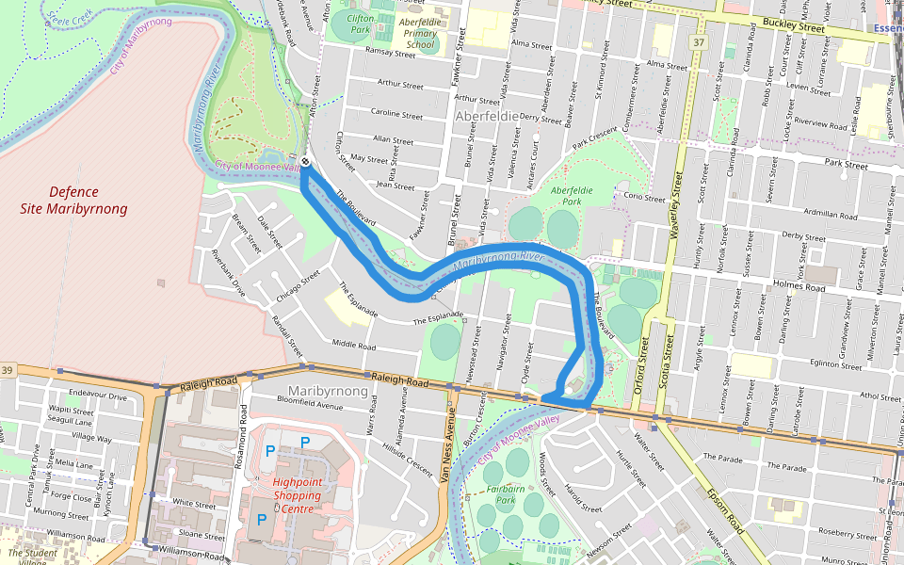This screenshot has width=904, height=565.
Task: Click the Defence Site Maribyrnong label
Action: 73,200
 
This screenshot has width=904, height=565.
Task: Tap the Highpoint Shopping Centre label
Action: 298,494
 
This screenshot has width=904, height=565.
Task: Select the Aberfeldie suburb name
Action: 487,115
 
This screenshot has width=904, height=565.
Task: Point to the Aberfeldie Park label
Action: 572,195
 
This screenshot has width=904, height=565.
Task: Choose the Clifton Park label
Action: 360,24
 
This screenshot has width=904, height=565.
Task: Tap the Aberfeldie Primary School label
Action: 420,33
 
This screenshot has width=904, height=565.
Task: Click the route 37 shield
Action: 697,42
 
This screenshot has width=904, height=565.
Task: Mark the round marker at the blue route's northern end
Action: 306,162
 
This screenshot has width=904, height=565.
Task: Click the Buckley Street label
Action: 793,28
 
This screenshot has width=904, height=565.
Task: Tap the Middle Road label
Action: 354,345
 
